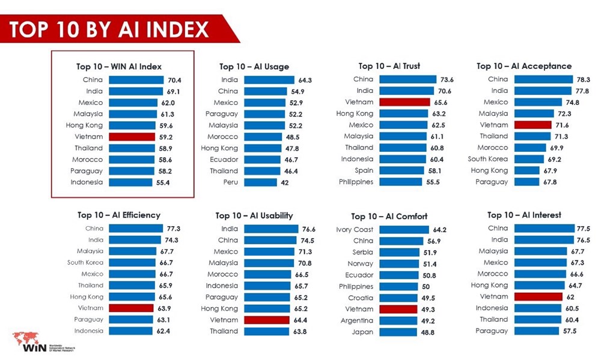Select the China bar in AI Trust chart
tap(407, 79)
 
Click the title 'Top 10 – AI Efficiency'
tap(118, 215)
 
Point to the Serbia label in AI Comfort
tap(362, 253)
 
